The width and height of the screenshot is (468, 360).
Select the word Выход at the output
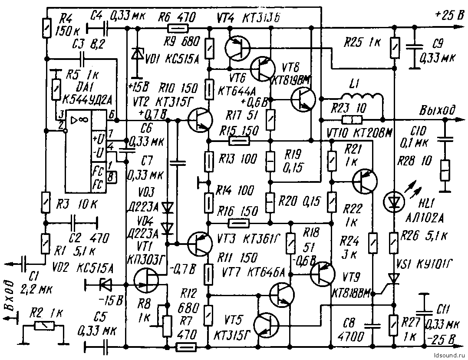click(437, 110)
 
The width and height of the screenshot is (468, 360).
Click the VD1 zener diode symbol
click(138, 54)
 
